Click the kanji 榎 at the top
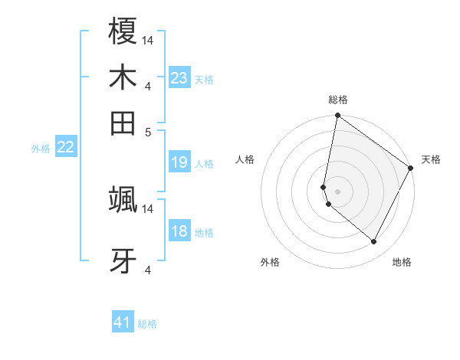coord(123,33)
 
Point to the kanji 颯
coord(123,201)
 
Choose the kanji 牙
coord(123,260)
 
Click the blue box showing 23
coord(179,78)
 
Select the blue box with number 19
coord(179,162)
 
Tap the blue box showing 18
coord(179,231)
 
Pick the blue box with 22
coord(65,147)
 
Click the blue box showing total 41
coord(123,322)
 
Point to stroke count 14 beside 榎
coord(149,40)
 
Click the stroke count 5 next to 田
coord(149,131)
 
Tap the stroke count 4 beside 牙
coord(149,270)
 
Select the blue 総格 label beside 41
coord(147,324)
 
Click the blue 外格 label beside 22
coord(40,149)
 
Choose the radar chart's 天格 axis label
coord(431,159)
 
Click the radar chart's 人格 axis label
coord(245,159)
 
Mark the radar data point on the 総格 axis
coord(337,116)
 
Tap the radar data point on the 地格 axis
coord(374,242)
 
